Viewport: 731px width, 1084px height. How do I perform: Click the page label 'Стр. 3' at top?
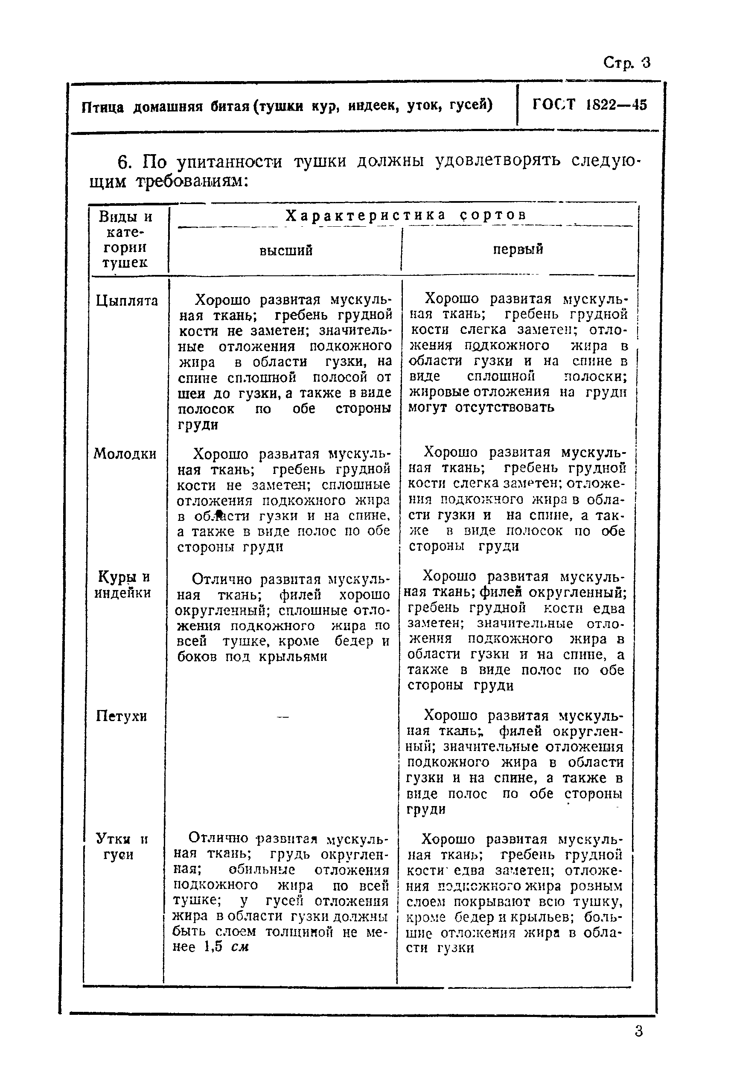pyautogui.click(x=626, y=62)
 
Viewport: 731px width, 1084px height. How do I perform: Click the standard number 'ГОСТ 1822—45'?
pyautogui.click(x=589, y=105)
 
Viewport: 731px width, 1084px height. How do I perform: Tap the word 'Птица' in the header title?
pyautogui.click(x=102, y=107)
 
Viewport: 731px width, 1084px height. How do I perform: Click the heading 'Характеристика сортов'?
pyautogui.click(x=405, y=215)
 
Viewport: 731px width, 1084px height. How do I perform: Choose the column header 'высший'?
pyautogui.click(x=285, y=251)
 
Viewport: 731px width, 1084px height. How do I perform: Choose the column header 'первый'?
pyautogui.click(x=518, y=249)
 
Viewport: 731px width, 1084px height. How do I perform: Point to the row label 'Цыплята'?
pyautogui.click(x=127, y=301)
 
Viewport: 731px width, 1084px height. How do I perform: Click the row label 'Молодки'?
pyautogui.click(x=125, y=453)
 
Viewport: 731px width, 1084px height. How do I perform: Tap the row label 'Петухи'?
pyautogui.click(x=121, y=716)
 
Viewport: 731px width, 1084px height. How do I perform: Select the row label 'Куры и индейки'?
pyautogui.click(x=122, y=585)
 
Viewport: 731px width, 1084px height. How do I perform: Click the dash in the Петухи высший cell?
pyautogui.click(x=283, y=717)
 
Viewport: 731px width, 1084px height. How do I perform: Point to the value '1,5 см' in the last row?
pyautogui.click(x=226, y=947)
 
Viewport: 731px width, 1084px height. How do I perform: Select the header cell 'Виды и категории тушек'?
pyautogui.click(x=125, y=239)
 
